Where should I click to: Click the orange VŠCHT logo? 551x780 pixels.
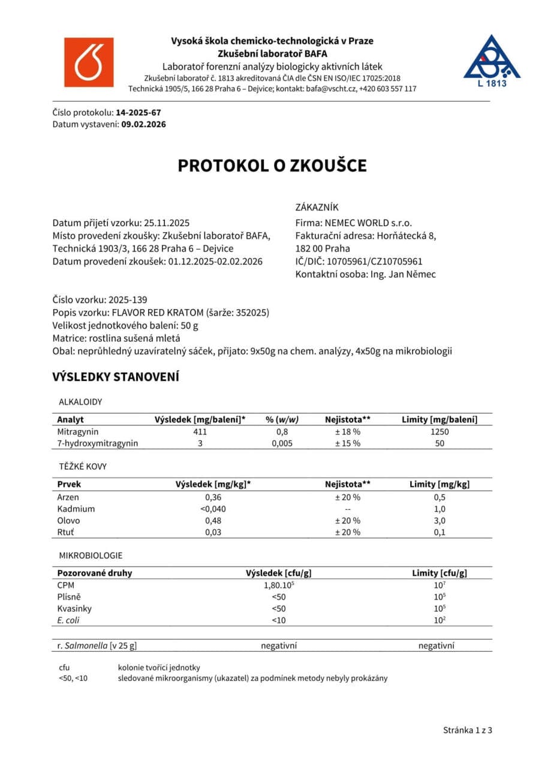[89, 62]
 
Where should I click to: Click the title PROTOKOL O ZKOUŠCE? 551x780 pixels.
[272, 166]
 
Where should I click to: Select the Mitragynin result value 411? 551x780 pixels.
[200, 431]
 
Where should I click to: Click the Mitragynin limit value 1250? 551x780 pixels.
[439, 431]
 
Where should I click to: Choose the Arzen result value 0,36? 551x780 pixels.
[213, 497]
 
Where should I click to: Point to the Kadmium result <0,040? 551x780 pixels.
[213, 509]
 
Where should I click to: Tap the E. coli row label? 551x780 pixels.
[68, 620]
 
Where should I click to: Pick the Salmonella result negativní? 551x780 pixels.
[279, 646]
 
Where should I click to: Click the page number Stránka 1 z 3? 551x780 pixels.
[468, 730]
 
